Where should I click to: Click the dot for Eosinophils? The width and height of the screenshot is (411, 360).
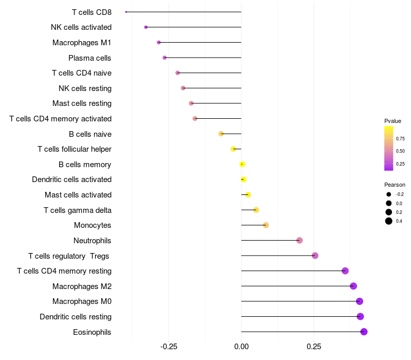[x=364, y=332]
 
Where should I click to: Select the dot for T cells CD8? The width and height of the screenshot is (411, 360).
[x=126, y=12]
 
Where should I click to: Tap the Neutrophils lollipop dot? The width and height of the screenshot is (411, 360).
[x=300, y=240]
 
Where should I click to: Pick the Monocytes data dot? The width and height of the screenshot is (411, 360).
[x=266, y=225]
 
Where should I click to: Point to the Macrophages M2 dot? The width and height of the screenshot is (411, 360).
[x=353, y=286]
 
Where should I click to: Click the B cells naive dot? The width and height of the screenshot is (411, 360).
[x=221, y=134]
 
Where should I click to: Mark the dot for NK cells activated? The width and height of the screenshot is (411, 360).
[x=146, y=27]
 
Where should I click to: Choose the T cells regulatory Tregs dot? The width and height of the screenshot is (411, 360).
[x=315, y=256]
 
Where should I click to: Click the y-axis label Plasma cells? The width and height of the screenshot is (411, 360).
[x=90, y=58]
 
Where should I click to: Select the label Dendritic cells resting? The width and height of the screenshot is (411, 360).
[x=76, y=317]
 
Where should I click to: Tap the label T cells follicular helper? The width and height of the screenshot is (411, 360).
[x=74, y=149]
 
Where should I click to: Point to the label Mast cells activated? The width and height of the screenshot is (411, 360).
[x=78, y=195]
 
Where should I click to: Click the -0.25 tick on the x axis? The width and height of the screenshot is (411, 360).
[x=169, y=347]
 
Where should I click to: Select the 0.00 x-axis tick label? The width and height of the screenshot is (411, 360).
[x=241, y=347]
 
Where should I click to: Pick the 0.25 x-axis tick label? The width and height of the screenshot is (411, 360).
[x=314, y=347]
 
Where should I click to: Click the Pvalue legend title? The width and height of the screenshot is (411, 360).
[x=393, y=121]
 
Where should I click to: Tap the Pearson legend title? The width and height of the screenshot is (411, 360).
[x=395, y=185]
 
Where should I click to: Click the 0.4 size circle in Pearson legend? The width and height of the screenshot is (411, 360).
[x=389, y=221]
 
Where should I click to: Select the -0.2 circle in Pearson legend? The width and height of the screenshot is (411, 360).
[x=389, y=194]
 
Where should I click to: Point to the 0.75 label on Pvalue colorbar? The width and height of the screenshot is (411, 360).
[x=400, y=139]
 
